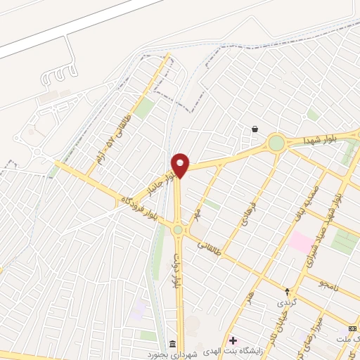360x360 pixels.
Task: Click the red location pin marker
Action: pyautogui.click(x=181, y=165)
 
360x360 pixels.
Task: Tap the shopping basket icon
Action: pyautogui.click(x=254, y=129)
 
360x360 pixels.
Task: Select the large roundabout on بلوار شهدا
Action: pyautogui.click(x=276, y=143)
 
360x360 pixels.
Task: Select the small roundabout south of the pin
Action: pyautogui.click(x=178, y=229)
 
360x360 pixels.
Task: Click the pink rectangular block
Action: pyautogui.click(x=302, y=243)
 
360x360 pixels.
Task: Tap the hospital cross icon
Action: pyautogui.click(x=233, y=340)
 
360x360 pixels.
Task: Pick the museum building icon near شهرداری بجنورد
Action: pyautogui.click(x=173, y=343)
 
